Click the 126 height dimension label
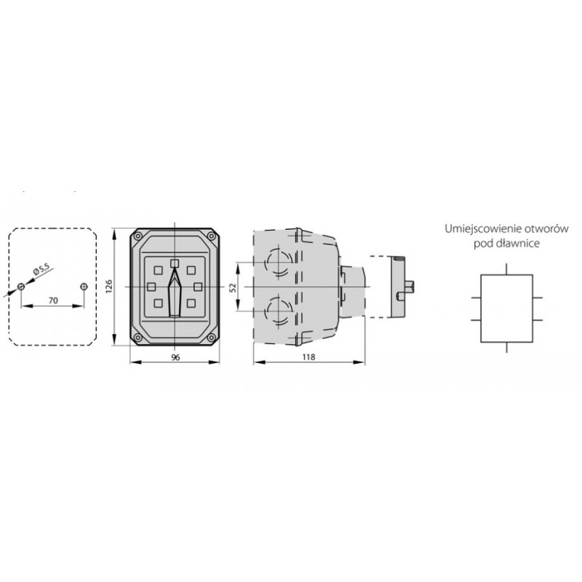click(108, 287)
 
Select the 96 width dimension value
click(175, 357)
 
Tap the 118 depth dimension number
click(308, 356)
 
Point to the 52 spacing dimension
click(232, 287)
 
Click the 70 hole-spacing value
click(53, 300)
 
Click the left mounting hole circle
click(21, 287)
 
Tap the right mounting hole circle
click(84, 287)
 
